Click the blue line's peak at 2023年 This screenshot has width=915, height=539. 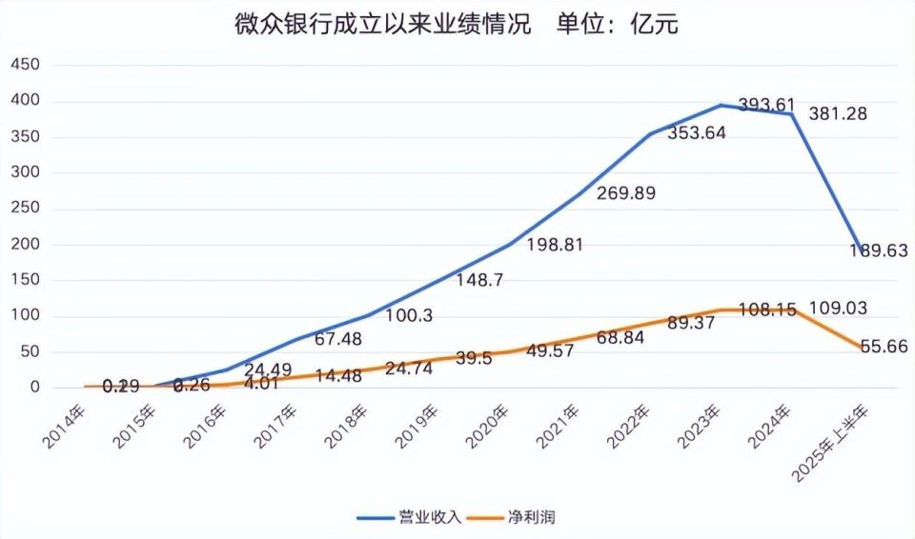click(x=721, y=105)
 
